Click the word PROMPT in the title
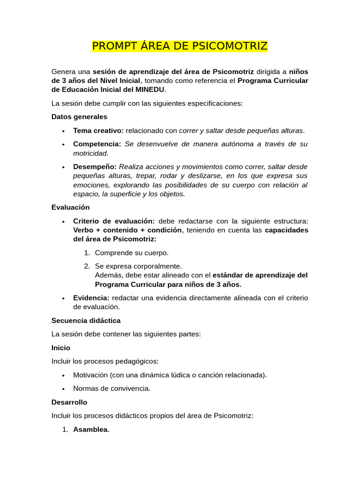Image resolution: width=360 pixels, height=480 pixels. (x=112, y=46)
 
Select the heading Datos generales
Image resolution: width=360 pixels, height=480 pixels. (x=79, y=117)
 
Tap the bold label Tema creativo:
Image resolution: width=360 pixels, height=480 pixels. (x=98, y=130)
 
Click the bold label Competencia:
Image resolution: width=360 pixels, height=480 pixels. (x=97, y=144)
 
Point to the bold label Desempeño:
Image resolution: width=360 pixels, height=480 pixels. (x=95, y=167)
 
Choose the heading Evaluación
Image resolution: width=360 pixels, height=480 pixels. (x=70, y=207)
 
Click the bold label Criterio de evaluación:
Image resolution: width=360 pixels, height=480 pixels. (x=114, y=221)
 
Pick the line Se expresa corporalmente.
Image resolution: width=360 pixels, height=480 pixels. (x=138, y=266)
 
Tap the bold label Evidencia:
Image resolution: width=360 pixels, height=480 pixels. (x=91, y=298)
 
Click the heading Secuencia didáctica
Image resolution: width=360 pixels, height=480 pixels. (x=86, y=321)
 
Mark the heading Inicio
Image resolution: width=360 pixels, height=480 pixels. (x=61, y=348)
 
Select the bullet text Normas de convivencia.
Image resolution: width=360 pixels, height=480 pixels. (x=112, y=389)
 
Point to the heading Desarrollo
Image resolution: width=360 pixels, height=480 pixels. (x=69, y=402)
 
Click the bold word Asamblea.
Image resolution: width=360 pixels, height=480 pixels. (x=91, y=429)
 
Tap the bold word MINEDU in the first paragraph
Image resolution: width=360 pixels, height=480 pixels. (x=150, y=90)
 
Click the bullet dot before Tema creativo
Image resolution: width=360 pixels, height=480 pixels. (x=63, y=131)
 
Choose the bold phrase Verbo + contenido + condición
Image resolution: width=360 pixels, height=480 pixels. (x=127, y=230)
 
